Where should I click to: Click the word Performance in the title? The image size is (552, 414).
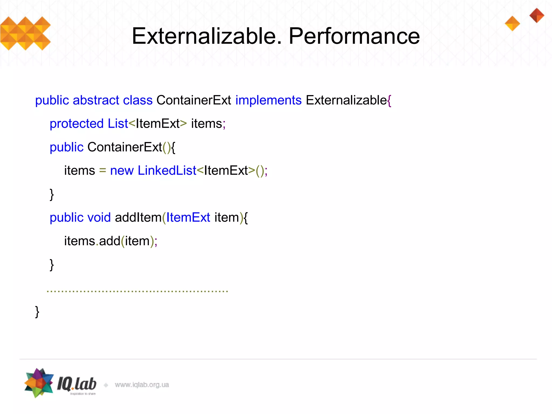coord(354,36)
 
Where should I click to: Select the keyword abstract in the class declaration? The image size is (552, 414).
coord(96,100)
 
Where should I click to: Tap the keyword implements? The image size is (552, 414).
coord(268,100)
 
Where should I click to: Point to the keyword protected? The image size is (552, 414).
coord(77,124)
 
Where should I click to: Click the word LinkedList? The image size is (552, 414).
coord(167,171)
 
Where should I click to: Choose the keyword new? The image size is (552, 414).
coord(122,171)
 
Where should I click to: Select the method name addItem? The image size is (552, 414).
coord(138,218)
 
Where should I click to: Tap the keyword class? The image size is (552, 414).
coord(138,100)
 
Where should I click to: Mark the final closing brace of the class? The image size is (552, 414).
coord(37,312)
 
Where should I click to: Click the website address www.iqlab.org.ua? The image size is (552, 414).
coord(142,385)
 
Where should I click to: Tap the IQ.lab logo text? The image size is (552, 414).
coord(77,384)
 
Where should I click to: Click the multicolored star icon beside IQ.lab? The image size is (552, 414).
coord(39,383)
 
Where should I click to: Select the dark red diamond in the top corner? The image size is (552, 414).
coord(537,15)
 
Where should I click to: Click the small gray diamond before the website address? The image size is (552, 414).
coord(106,385)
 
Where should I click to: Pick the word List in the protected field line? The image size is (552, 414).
coord(118,124)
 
